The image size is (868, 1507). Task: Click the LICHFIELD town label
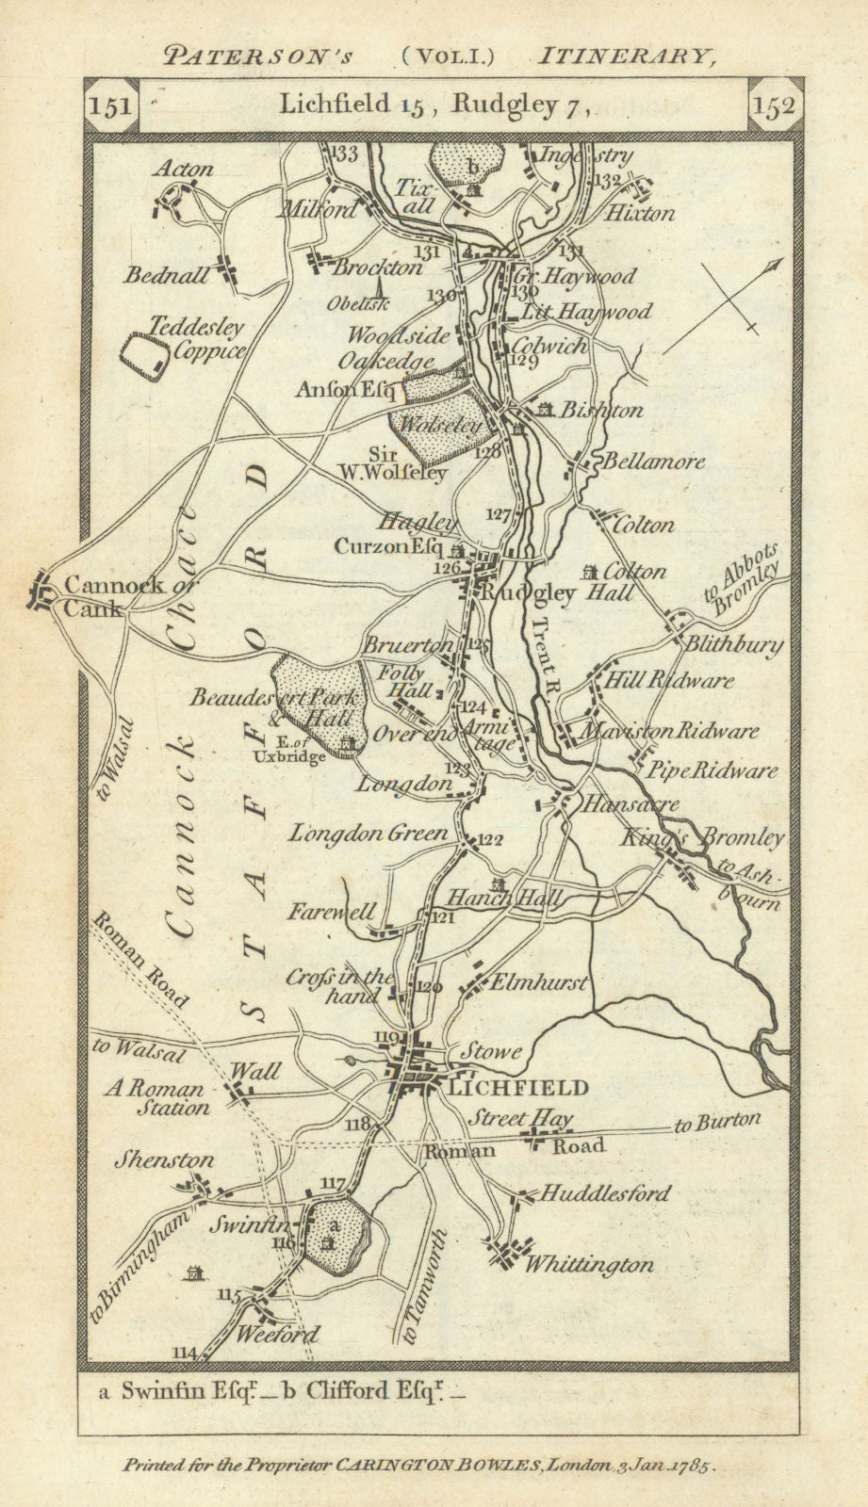point(519,1087)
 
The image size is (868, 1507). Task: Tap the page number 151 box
point(111,105)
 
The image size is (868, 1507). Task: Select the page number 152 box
point(775,105)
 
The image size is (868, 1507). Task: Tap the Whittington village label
point(589,1264)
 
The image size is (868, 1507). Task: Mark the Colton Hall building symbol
point(591,571)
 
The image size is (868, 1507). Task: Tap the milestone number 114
point(185,1353)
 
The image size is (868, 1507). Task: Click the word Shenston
point(164,1160)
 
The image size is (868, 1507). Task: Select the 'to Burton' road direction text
point(716,1122)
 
